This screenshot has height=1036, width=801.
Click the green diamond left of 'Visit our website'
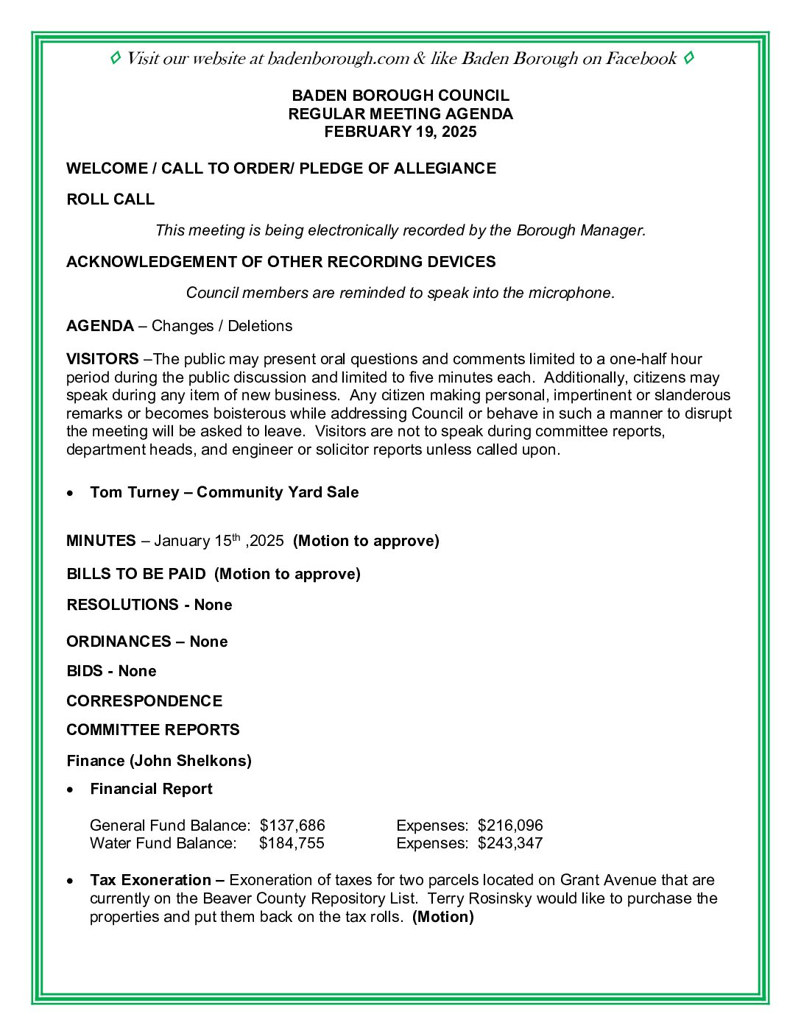[115, 58]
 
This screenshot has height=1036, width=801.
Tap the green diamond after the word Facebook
[688, 58]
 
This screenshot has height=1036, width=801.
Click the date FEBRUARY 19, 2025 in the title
[400, 132]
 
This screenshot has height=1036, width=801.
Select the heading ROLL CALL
[110, 199]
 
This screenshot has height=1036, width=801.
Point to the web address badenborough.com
[338, 59]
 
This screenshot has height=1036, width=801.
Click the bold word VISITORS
[102, 359]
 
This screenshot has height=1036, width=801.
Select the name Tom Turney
[134, 492]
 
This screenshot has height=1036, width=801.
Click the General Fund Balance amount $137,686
[292, 826]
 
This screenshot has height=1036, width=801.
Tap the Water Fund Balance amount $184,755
[292, 843]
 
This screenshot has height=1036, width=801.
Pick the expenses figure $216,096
[510, 826]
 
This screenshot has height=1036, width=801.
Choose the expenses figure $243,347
[510, 843]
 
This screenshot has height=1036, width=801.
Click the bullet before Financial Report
[70, 790]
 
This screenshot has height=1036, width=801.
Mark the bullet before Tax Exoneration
[70, 881]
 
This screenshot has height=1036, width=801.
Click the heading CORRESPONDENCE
[144, 701]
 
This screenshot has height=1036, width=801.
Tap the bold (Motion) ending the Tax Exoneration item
[443, 917]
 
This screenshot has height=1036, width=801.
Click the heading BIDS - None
[111, 671]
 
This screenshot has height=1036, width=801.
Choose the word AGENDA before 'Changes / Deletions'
[100, 326]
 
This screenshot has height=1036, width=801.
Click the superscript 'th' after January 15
[237, 537]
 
